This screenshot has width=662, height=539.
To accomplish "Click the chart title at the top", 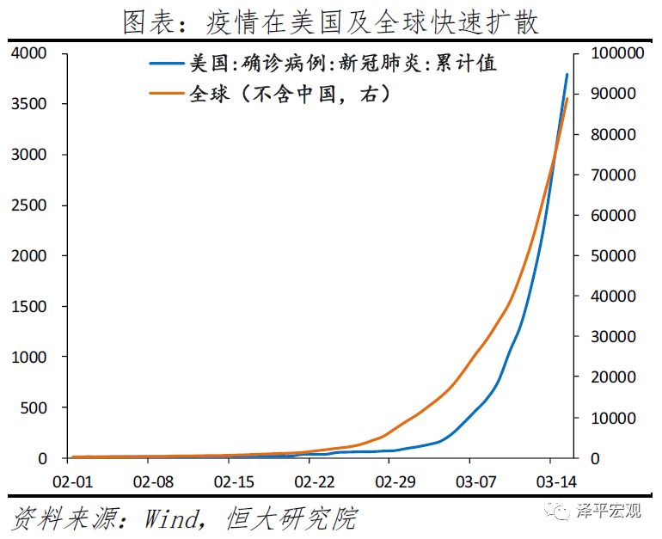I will (x=330, y=21).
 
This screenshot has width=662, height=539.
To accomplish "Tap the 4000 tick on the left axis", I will (x=29, y=54).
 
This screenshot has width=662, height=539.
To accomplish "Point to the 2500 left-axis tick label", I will (x=29, y=205).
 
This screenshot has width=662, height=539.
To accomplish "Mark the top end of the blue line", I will (x=567, y=74).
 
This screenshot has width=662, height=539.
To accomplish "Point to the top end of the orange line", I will (x=567, y=99).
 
